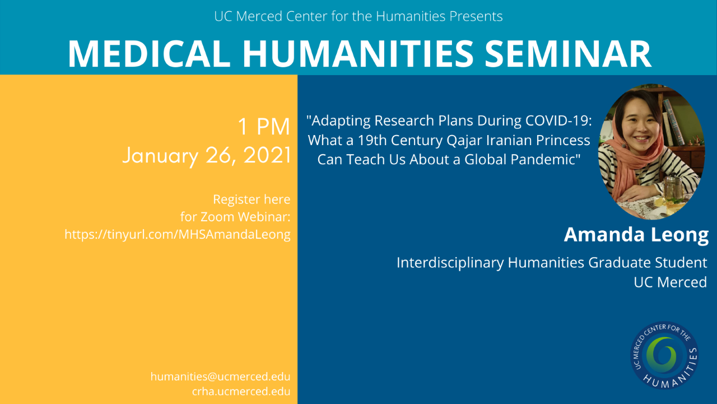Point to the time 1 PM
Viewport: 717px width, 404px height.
click(x=264, y=127)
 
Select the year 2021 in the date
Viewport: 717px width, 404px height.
click(x=267, y=155)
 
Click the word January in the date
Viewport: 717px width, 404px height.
click(x=160, y=156)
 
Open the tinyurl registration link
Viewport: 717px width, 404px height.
click(x=178, y=234)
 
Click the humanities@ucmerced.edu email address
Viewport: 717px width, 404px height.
click(x=220, y=377)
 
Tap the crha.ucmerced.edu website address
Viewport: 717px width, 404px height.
click(x=241, y=391)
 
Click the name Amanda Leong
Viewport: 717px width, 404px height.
click(x=636, y=235)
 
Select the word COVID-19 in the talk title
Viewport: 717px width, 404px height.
click(x=558, y=120)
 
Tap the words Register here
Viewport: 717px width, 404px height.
click(x=252, y=199)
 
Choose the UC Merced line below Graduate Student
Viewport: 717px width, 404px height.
click(x=671, y=282)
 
